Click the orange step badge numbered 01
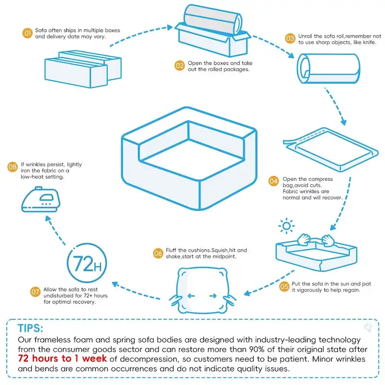point(27,33)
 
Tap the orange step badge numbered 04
point(273,181)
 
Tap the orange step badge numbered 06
point(158,253)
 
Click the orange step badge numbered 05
point(284,287)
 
